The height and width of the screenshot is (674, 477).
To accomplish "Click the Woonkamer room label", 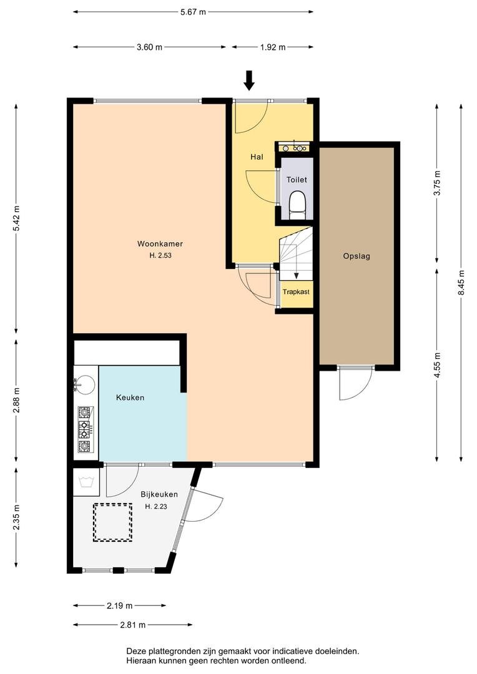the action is [x=160, y=244].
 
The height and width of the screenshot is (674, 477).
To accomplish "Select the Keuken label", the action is [x=130, y=398].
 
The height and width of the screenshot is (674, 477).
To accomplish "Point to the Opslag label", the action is [x=357, y=256].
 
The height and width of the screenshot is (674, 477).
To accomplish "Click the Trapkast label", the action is [x=296, y=292].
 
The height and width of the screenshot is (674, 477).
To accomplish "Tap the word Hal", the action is [x=257, y=157].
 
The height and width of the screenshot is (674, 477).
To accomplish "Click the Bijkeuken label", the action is [x=159, y=494].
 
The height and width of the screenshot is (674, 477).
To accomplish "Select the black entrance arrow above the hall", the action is [x=249, y=81].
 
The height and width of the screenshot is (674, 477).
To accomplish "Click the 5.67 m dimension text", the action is [x=193, y=12].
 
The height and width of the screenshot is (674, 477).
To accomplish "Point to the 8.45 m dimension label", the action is [x=461, y=283].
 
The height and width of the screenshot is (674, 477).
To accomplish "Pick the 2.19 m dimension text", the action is [x=120, y=605].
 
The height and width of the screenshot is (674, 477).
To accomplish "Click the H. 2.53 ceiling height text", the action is [x=160, y=255].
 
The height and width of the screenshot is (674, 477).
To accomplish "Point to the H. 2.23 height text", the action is [x=156, y=506].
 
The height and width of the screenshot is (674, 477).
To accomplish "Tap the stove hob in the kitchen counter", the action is [x=85, y=430].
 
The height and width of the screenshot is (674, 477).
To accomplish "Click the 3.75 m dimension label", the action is [x=438, y=183].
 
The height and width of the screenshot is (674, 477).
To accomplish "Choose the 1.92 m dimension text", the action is [x=273, y=47].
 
